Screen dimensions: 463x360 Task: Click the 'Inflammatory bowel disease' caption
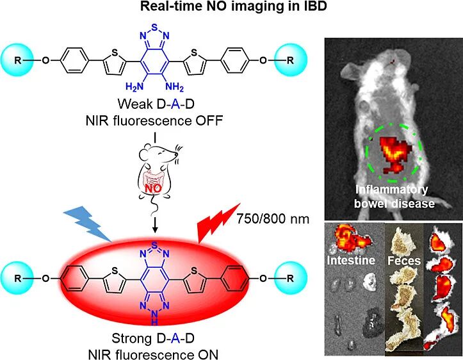click(x=392, y=196)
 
